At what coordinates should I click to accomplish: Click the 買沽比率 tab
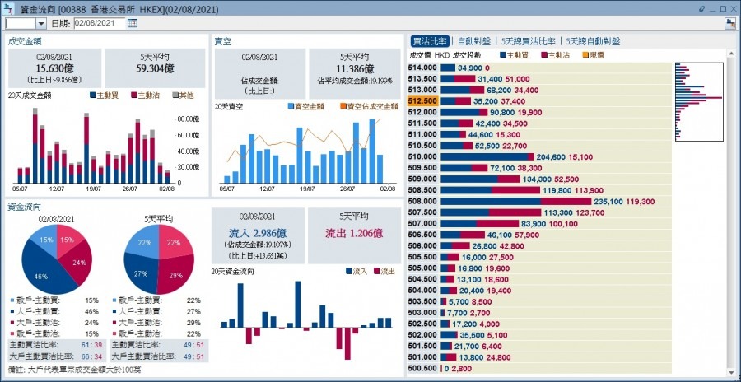point(430,40)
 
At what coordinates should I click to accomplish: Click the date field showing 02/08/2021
point(98,23)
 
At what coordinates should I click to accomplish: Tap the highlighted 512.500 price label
point(422,100)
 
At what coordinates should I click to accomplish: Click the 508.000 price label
point(422,201)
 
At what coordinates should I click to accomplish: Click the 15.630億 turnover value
point(55,69)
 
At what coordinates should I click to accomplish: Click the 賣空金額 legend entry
point(308,107)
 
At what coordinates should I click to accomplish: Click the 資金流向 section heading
point(25,207)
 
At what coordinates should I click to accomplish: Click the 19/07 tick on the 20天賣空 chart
point(306,189)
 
